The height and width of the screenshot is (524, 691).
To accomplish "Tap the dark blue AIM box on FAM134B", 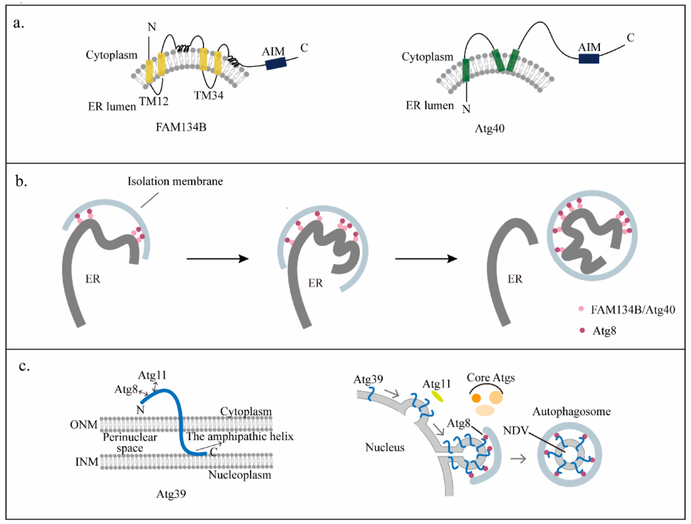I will coord(276,63).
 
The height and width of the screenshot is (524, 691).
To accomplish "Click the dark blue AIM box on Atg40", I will coord(589,59).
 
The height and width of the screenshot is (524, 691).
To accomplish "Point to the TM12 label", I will coord(154,101).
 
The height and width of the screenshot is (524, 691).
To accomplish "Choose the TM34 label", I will coord(209,95).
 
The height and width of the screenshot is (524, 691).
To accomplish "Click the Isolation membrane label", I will coord(175,181).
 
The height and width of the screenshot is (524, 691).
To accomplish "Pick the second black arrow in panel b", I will coord(426,259).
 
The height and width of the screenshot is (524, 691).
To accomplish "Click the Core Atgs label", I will coord(491,378).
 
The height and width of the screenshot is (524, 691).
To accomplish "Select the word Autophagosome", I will coord(571,412).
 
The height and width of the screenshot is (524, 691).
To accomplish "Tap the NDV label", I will coord(515,430).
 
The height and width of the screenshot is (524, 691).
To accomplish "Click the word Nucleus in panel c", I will coord(385,447).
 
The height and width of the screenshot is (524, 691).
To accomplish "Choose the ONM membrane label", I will coord(84,425).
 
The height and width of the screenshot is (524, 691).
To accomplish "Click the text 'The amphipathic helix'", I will coord(240,436).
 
